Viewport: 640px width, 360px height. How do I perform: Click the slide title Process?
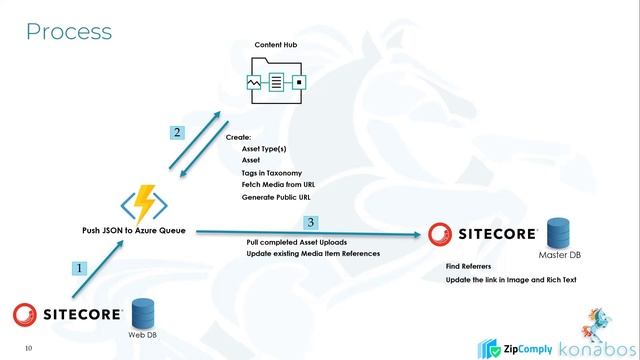click(x=68, y=31)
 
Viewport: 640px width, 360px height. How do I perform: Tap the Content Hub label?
click(x=275, y=47)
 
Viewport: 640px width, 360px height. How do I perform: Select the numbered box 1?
click(x=80, y=268)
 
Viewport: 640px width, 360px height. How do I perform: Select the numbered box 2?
click(x=176, y=132)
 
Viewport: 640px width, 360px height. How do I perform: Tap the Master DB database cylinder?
click(x=559, y=234)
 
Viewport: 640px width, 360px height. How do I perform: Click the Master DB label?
click(x=559, y=256)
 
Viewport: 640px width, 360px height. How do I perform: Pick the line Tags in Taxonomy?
click(x=271, y=173)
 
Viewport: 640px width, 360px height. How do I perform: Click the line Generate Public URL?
click(x=275, y=197)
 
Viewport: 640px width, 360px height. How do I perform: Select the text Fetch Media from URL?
click(x=277, y=185)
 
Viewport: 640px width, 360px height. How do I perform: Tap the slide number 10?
click(x=29, y=348)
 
